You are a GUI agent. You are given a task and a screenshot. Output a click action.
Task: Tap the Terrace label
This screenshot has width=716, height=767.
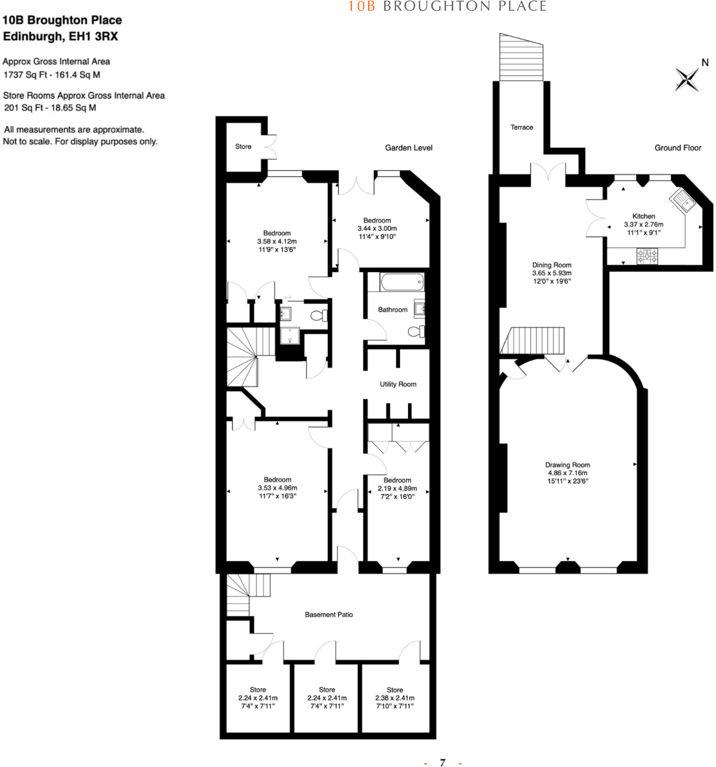[x=521, y=127]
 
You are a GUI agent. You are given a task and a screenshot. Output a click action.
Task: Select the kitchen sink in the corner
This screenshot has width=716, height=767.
[x=683, y=200]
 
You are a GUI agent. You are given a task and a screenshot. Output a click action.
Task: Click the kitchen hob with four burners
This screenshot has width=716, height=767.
[x=647, y=257]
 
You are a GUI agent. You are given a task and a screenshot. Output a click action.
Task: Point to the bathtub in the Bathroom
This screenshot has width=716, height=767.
[x=402, y=282]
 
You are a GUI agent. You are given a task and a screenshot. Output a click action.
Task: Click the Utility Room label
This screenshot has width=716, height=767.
[x=398, y=384]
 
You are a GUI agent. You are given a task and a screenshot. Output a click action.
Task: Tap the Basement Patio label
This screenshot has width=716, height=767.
[x=329, y=614]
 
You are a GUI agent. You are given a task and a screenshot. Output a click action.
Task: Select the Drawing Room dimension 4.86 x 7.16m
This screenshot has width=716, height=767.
[x=567, y=473]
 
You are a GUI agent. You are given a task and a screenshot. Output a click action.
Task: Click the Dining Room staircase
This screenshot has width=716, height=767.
[x=534, y=340]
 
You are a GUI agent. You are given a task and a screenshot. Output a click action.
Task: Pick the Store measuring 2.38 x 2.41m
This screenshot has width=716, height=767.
[x=395, y=698]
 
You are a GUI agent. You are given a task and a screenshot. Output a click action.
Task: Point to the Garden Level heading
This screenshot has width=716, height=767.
[x=409, y=148]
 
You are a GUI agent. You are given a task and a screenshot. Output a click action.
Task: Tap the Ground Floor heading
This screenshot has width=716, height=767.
[x=677, y=148]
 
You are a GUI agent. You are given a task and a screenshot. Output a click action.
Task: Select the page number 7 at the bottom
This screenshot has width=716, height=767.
[x=443, y=762]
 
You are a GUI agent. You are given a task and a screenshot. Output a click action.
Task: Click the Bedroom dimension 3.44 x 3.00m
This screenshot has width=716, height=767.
[x=377, y=229]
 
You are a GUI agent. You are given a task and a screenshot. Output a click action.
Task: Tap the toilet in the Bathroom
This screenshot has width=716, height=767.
[x=416, y=332]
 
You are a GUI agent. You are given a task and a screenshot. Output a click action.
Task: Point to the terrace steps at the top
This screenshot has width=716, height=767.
[x=521, y=57]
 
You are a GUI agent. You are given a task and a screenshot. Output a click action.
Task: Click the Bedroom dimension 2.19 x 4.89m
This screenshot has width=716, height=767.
[x=397, y=489]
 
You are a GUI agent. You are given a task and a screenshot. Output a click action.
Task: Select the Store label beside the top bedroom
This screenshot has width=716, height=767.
[x=243, y=146]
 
